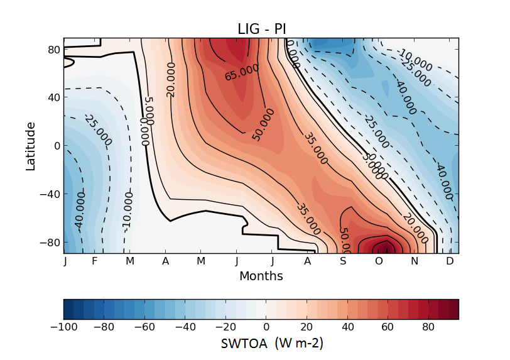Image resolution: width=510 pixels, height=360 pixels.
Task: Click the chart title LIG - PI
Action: (261, 29)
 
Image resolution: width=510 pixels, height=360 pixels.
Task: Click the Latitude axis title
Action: (30, 146)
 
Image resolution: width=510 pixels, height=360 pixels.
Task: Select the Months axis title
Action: (261, 276)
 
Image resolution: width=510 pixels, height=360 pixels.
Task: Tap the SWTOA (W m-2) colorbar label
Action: (272, 344)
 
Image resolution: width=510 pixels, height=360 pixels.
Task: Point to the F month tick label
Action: (94, 261)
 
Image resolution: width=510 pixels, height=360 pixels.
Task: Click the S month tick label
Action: (344, 261)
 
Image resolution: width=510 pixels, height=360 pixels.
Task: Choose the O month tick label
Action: (379, 261)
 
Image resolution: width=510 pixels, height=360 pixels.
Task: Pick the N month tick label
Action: (415, 261)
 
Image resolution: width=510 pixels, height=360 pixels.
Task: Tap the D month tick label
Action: (450, 261)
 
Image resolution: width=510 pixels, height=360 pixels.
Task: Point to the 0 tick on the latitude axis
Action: (55, 146)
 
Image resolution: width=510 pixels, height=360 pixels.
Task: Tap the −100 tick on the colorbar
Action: (64, 327)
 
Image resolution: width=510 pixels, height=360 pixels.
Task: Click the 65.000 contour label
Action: (242, 72)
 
